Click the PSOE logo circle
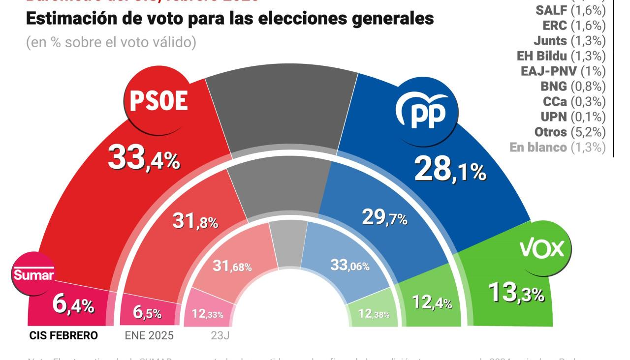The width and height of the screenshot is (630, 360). click(158, 101)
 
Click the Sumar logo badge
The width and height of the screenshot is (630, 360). click(33, 274)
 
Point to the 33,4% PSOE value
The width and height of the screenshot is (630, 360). click(144, 158)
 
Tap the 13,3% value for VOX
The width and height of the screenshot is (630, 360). click(516, 292)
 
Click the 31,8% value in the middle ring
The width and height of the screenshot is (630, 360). click(195, 221)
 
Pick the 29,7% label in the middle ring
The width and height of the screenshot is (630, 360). click(384, 217)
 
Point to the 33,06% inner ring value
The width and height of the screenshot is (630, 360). click(349, 266)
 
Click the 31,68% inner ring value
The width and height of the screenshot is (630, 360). click(232, 266)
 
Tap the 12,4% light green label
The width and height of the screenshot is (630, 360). click(432, 302)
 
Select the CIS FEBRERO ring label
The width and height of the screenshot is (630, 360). click(63, 335)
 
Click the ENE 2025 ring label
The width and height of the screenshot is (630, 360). click(149, 335)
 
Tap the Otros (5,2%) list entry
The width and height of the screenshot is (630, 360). click(569, 132)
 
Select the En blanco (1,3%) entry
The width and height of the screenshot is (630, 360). click(557, 147)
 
